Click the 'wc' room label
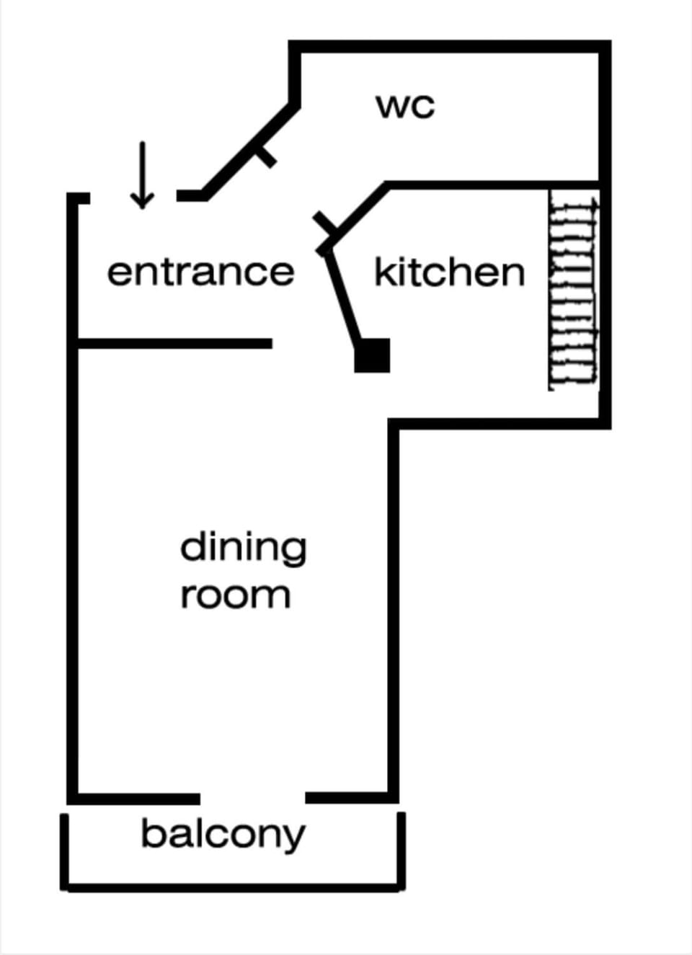405,106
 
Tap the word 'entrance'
200,272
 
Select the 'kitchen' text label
449,272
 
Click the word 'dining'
243,548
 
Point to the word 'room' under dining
235,595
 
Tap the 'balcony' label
223,835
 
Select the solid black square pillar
373,355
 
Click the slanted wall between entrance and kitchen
342,296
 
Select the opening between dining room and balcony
252,798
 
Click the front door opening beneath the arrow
133,197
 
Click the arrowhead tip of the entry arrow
142,206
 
